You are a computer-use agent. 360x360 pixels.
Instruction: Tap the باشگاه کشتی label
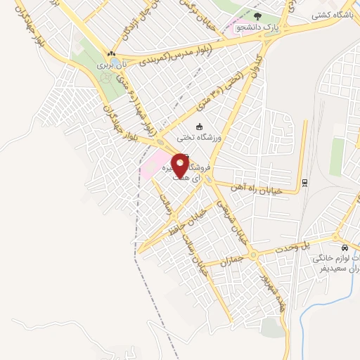tap(333, 13)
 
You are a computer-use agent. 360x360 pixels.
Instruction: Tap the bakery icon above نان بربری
tap(110, 53)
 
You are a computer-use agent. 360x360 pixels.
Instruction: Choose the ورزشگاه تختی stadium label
tap(202, 139)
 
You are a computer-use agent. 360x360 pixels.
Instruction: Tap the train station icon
tap(305, 183)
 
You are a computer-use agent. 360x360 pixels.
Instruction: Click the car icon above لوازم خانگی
tap(344, 248)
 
